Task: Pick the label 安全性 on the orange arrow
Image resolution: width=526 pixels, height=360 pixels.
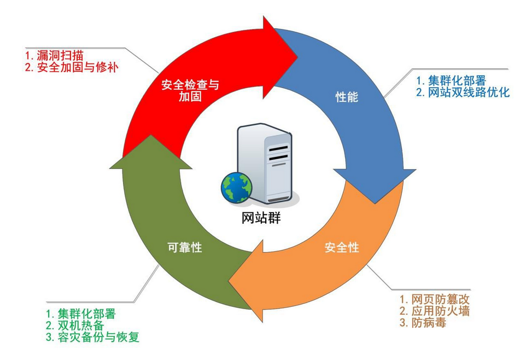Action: click(x=342, y=247)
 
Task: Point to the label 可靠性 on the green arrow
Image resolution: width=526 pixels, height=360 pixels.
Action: click(x=184, y=247)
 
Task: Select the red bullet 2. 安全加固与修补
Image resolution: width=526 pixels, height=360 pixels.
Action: click(x=72, y=68)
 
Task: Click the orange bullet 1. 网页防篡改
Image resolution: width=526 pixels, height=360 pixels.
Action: click(x=434, y=299)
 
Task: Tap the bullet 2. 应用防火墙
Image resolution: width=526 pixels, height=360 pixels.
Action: click(x=434, y=311)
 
